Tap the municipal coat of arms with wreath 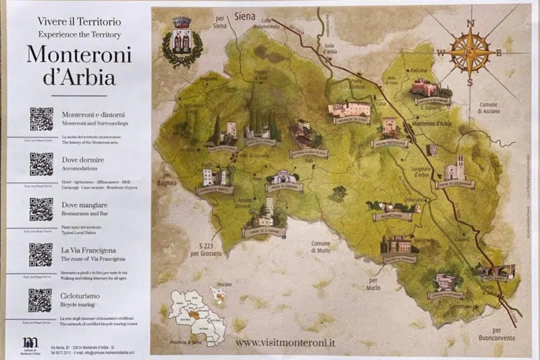tap(181, 41)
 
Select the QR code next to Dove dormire tap(41, 164)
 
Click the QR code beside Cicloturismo tap(41, 300)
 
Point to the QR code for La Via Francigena tap(41, 255)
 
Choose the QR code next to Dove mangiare tap(41, 209)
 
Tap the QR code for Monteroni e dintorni tap(41, 119)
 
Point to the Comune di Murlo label tap(321, 247)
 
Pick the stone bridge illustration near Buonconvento tap(494, 271)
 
